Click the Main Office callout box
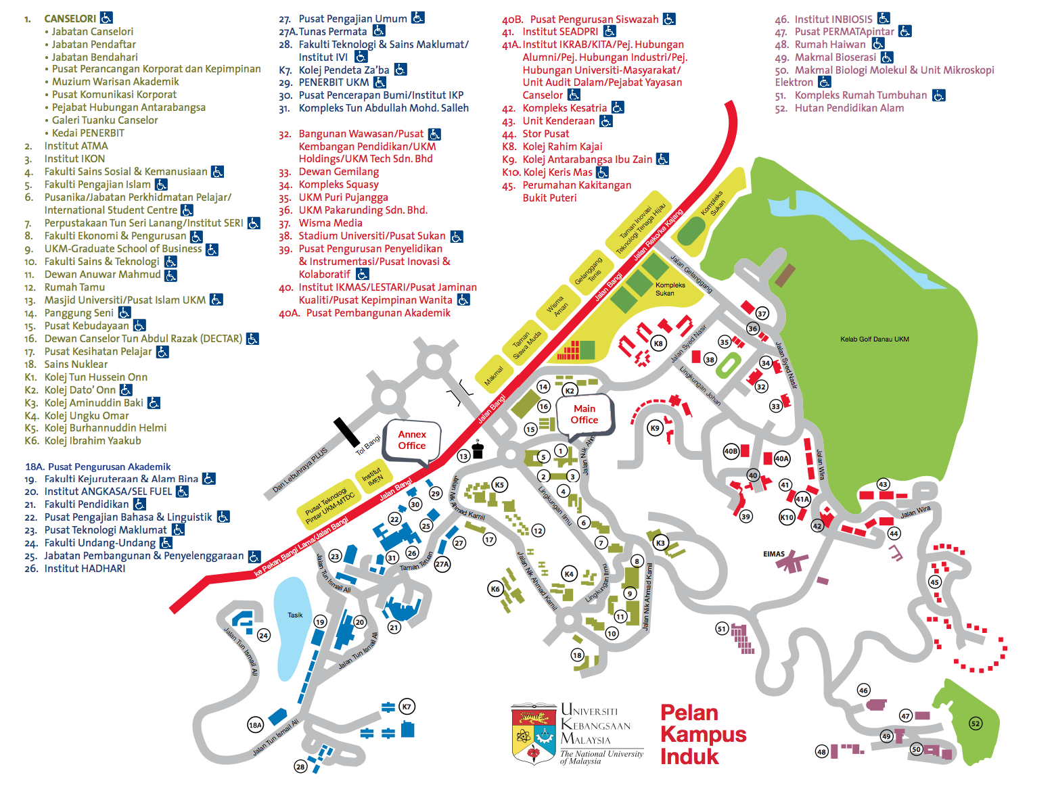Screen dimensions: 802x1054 pos(585,414)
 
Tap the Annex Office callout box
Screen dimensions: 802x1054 pos(412,440)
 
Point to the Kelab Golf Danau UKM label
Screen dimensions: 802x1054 pos(874,339)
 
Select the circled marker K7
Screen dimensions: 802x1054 pos(407,707)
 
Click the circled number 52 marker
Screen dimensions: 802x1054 pos(976,724)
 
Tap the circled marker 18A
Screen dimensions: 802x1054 pos(255,725)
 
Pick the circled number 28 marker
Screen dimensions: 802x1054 pos(300,767)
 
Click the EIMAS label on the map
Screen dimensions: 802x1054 pos(774,554)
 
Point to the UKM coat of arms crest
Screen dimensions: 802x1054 pos(534,734)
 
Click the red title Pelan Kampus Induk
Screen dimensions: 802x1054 pos(703,734)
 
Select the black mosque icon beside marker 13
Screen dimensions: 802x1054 pos(478,450)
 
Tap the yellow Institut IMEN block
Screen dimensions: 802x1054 pos(371,473)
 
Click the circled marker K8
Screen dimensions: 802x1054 pos(658,344)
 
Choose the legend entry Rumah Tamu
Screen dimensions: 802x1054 pos(74,287)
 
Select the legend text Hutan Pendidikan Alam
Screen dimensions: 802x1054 pos(848,108)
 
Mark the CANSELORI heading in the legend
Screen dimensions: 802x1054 pos(70,18)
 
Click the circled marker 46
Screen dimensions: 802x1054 pos(863,690)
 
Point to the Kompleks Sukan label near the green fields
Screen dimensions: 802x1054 pos(670,289)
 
